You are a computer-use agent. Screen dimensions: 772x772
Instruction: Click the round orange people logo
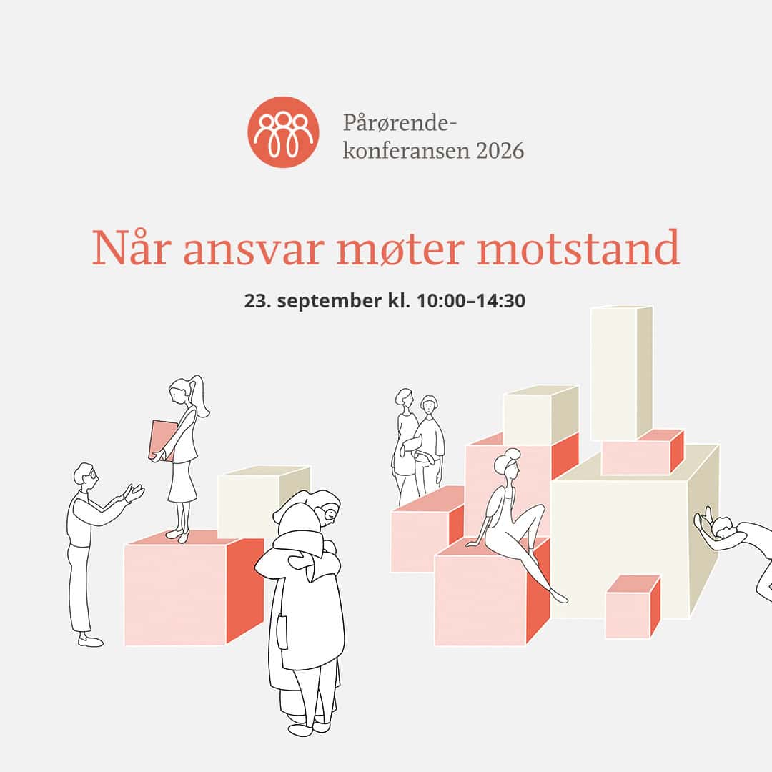[283, 132]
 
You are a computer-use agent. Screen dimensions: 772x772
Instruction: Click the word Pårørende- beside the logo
[400, 123]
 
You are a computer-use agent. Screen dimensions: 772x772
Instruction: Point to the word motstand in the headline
[578, 247]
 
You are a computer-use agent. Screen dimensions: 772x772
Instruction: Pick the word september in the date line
[330, 301]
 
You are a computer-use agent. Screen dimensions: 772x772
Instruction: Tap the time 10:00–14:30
[471, 300]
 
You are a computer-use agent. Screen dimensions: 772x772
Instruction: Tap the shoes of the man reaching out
[91, 640]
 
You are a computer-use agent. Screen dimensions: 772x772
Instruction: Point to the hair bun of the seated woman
[511, 453]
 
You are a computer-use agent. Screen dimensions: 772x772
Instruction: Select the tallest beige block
[621, 372]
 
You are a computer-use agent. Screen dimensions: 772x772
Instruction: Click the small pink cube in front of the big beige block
[633, 607]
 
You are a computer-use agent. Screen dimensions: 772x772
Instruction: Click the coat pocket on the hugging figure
[282, 632]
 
